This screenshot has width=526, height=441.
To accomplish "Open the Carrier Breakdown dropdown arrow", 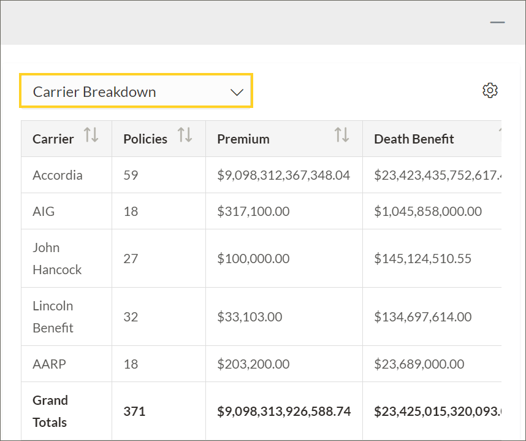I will pyautogui.click(x=237, y=92).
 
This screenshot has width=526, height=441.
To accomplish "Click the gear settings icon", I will pyautogui.click(x=490, y=91).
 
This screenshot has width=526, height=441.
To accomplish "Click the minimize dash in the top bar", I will pyautogui.click(x=497, y=22).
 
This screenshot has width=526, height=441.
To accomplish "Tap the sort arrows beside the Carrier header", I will pyautogui.click(x=91, y=135).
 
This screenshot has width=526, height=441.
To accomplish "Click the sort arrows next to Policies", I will pyautogui.click(x=185, y=135).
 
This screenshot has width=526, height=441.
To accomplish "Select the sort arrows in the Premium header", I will pyautogui.click(x=341, y=135).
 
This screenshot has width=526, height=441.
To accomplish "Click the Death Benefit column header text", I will pyautogui.click(x=414, y=139).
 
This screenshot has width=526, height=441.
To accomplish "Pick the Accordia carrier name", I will pyautogui.click(x=57, y=175).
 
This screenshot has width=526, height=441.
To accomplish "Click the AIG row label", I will pyautogui.click(x=44, y=212).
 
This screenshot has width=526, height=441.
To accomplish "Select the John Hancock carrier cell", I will pyautogui.click(x=56, y=258).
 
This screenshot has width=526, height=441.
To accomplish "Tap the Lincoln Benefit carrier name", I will pyautogui.click(x=53, y=316).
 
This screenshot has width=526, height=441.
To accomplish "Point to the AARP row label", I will pyautogui.click(x=49, y=364).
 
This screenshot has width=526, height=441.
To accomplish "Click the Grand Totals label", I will pyautogui.click(x=50, y=411).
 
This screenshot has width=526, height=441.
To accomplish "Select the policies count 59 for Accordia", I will pyautogui.click(x=131, y=175).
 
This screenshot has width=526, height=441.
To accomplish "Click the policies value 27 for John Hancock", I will pyautogui.click(x=131, y=259).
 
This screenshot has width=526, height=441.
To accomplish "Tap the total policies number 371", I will pyautogui.click(x=134, y=411).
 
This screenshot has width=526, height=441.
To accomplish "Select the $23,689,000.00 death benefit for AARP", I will pyautogui.click(x=419, y=364).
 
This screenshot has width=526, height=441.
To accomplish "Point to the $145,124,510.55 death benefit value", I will pyautogui.click(x=422, y=259).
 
